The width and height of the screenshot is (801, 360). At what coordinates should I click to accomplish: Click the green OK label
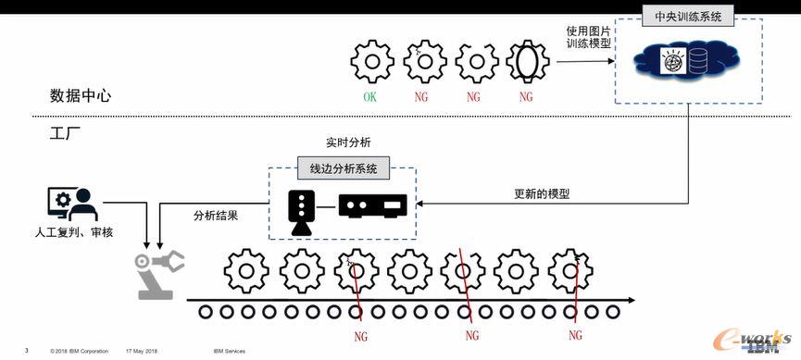coord(370,96)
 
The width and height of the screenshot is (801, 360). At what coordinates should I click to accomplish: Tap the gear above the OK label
coord(372,62)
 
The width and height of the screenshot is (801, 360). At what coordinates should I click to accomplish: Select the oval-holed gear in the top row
coord(527,62)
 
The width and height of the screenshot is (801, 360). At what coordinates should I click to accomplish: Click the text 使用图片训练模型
coord(589,36)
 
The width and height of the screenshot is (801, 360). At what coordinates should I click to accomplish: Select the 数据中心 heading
coord(81,95)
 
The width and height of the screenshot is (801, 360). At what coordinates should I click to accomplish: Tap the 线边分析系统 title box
coord(344,168)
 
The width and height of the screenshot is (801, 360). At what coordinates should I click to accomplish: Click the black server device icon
coord(372,205)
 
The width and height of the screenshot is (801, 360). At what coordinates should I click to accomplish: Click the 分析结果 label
coord(216,215)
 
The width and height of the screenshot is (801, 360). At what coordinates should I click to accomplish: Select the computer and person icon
coord(72,204)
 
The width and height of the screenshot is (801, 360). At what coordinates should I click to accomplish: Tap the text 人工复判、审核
coord(73,232)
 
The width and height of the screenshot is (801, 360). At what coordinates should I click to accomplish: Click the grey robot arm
coord(158,274)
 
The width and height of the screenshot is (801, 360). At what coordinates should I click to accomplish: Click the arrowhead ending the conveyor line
coord(632,300)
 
